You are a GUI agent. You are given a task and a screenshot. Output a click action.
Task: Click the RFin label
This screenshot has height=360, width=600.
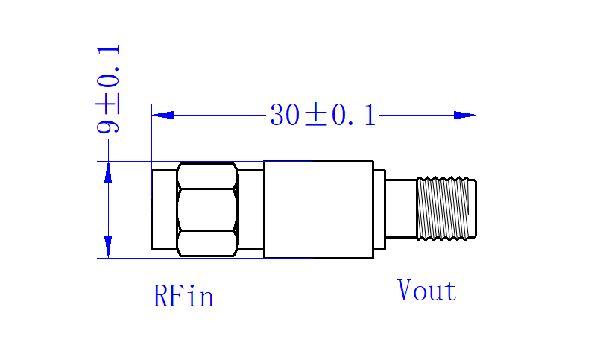(x=183, y=296)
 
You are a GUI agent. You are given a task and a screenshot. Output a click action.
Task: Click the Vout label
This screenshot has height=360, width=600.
(x=427, y=290)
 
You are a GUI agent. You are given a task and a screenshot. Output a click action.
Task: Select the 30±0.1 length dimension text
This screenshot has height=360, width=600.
(x=323, y=115)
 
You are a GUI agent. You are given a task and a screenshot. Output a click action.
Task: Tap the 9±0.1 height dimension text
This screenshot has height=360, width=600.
(x=108, y=89)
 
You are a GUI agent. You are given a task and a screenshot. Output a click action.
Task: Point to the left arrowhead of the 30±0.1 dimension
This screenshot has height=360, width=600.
(x=162, y=115)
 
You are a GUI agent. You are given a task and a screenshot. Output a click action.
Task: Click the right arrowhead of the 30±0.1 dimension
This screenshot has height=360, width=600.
(x=464, y=115)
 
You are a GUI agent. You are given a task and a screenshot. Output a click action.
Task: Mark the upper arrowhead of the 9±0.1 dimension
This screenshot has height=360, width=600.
(x=108, y=172)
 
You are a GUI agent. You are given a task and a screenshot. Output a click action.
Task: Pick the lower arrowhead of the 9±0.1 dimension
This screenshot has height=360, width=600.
(x=108, y=247)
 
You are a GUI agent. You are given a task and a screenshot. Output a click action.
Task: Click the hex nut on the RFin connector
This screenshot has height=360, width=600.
(x=207, y=209)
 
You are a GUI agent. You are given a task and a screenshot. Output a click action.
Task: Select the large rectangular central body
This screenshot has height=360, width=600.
(x=318, y=209)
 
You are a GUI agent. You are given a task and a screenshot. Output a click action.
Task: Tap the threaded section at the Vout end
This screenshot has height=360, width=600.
(x=446, y=209)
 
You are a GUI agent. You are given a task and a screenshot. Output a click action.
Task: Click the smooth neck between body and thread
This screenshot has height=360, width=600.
(x=401, y=209)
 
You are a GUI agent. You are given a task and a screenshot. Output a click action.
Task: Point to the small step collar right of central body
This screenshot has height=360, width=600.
(x=379, y=209)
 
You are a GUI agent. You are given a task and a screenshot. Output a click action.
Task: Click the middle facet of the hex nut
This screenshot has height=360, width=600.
(x=207, y=209)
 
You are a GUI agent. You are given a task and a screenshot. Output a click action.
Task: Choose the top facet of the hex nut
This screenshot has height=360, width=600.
(x=207, y=176)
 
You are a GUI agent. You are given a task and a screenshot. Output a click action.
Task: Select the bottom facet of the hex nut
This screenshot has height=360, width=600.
(x=207, y=243)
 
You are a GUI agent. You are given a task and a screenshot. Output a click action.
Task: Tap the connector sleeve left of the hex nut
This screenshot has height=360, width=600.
(x=164, y=209)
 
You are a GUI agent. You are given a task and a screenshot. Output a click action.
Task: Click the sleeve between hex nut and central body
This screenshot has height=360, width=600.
(x=250, y=209)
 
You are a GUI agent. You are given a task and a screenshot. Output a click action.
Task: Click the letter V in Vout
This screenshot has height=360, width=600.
(x=404, y=290)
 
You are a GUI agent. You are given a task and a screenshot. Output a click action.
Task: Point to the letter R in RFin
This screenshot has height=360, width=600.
(x=160, y=296)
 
